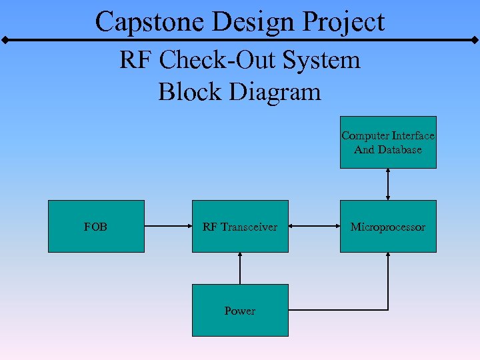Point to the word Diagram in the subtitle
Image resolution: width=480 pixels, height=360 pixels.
pos(275,91)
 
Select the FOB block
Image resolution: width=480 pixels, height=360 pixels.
pos(96,226)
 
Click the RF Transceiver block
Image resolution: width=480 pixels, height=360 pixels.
pos(240,226)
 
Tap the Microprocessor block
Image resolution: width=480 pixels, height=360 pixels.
pos(388,226)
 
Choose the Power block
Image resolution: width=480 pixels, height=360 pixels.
pos(240,310)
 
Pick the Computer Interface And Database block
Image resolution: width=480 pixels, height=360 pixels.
pos(388,142)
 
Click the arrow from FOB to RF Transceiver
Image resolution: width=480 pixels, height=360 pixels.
pos(168,226)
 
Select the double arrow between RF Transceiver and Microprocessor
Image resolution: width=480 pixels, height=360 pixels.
pos(314,226)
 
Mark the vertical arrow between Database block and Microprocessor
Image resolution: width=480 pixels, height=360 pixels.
pos(388,184)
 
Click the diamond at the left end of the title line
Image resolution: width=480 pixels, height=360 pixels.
pos(5,41)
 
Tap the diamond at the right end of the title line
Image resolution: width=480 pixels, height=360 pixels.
pos(475,41)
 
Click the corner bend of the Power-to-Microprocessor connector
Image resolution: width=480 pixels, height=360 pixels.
pos(388,310)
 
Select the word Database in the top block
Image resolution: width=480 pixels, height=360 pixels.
pos(402,149)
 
